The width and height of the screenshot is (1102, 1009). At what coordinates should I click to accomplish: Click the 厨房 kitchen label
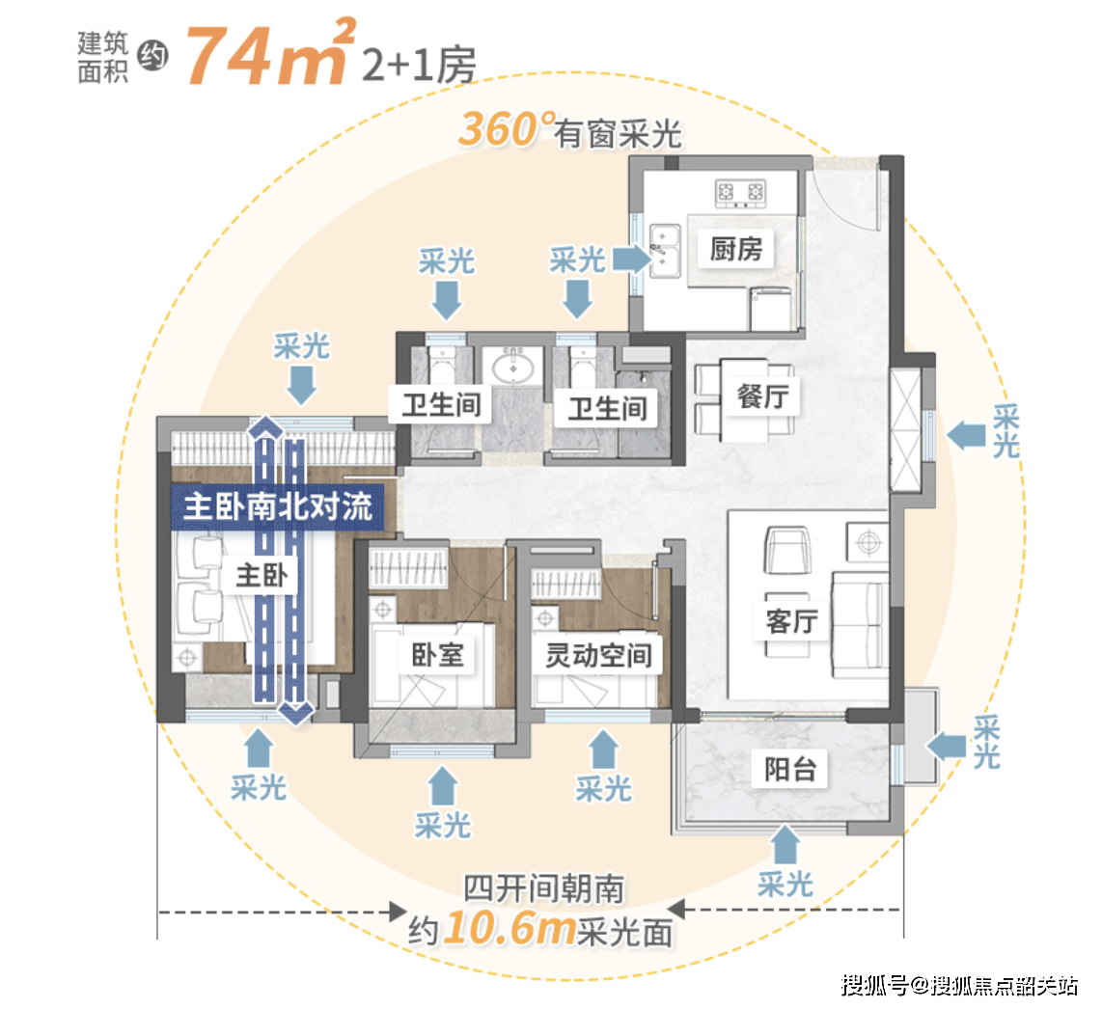tap(736, 249)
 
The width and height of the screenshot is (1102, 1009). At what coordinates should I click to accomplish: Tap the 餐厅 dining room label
tap(762, 397)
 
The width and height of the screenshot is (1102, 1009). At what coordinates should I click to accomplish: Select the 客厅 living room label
tap(792, 621)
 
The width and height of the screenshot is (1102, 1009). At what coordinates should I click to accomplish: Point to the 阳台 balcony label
tap(790, 770)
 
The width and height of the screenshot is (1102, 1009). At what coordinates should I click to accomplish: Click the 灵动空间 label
tap(598, 656)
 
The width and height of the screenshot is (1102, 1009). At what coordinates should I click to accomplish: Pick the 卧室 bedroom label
tap(437, 656)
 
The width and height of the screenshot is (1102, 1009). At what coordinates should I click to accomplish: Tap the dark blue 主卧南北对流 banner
tap(278, 506)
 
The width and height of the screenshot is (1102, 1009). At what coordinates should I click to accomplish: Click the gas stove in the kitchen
tap(740, 193)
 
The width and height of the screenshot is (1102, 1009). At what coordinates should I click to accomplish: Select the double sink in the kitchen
tap(664, 250)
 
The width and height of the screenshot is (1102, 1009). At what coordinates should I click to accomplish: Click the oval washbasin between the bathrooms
tap(512, 367)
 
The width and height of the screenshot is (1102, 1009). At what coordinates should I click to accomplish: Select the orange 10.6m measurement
tap(510, 928)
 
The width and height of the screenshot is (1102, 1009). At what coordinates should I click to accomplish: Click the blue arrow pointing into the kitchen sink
tap(631, 259)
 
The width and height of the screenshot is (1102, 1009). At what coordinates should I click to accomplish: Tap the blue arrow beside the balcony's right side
tap(946, 746)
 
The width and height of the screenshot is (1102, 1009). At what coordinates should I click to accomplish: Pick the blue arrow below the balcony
tap(785, 844)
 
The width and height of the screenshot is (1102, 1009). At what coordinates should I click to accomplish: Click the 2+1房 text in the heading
tap(419, 65)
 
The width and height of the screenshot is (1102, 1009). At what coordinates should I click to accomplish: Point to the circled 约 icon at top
tap(152, 56)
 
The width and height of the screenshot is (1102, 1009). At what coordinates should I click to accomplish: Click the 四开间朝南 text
tap(543, 888)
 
